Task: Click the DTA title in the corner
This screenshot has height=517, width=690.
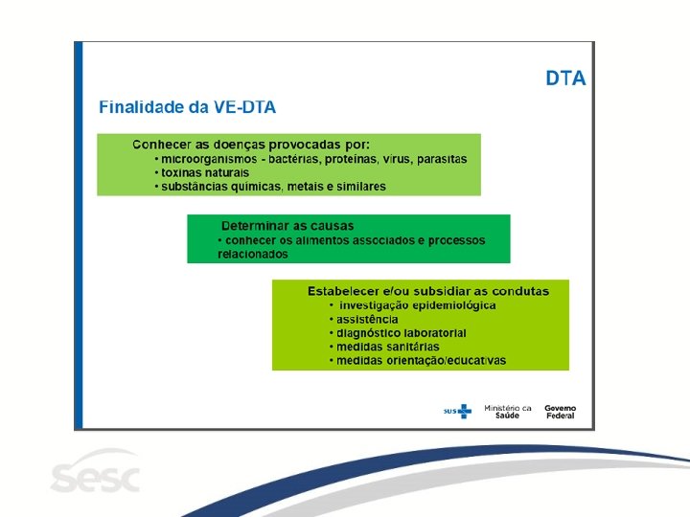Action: [565, 79]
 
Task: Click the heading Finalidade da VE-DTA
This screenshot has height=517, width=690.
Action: [187, 107]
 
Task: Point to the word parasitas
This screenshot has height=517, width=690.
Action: [442, 159]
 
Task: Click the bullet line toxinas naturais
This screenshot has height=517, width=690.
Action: [202, 172]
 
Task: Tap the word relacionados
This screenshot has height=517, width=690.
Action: [253, 254]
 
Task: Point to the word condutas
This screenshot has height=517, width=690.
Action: [520, 291]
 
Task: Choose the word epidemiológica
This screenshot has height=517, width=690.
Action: [454, 305]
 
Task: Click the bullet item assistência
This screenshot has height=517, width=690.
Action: [364, 319]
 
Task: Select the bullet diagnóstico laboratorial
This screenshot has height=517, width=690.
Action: [398, 333]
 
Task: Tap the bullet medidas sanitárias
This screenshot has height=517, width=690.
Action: [384, 347]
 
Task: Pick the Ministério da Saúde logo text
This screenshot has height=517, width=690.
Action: [507, 412]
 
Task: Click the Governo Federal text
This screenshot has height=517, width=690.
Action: [561, 412]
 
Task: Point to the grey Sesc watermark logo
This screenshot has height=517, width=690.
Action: [96, 472]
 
